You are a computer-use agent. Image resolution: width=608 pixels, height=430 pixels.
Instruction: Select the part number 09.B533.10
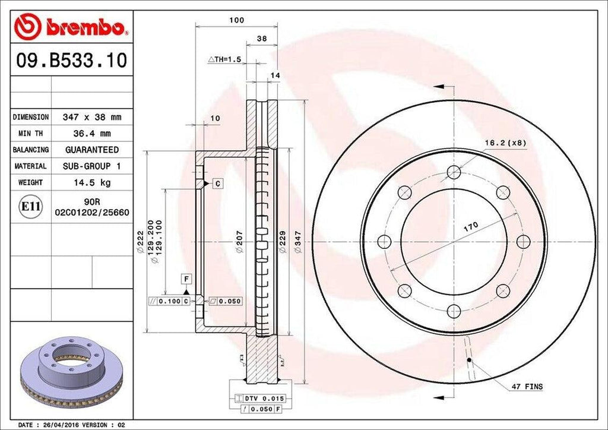coord(70,61)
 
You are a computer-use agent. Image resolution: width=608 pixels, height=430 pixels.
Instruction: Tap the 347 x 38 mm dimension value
coord(92,117)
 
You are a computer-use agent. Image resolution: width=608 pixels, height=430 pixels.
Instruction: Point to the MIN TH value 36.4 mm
coord(92,134)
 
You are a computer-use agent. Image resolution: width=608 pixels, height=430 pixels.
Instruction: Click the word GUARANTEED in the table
coord(92,150)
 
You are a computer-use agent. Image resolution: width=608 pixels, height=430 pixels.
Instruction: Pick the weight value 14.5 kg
coord(92,182)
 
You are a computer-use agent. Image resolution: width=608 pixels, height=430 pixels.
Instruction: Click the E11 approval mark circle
coord(30,207)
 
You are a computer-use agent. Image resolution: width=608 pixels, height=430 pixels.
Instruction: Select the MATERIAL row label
coord(31,166)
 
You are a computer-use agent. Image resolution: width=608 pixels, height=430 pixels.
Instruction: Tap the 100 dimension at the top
coord(237,20)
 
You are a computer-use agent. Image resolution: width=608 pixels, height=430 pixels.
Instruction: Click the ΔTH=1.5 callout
coord(224,60)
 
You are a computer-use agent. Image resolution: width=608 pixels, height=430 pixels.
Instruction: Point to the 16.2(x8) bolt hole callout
coord(505,143)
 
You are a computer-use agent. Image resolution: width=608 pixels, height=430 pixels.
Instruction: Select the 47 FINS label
coord(527,387)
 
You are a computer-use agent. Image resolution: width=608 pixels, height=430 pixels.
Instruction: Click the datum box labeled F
coord(186,279)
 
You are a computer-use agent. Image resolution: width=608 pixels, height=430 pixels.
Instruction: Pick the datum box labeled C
coord(218,184)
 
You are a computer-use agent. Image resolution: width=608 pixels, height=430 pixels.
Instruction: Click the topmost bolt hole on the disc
coord(454,172)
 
